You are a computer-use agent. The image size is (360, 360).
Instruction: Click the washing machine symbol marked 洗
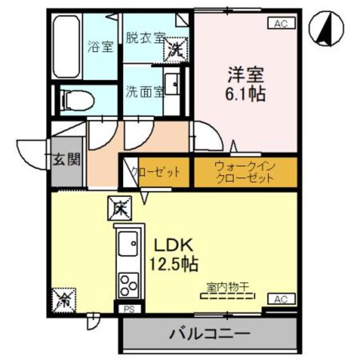175,49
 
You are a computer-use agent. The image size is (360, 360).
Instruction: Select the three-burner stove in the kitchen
129,284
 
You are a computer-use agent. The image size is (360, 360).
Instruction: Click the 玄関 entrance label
67,159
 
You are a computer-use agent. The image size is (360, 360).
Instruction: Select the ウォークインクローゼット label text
245,172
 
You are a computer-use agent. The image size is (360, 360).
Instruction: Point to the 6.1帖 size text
246,94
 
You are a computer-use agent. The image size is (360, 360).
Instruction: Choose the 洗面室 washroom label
145,91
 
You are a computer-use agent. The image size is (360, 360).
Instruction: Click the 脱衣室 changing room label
145,38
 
